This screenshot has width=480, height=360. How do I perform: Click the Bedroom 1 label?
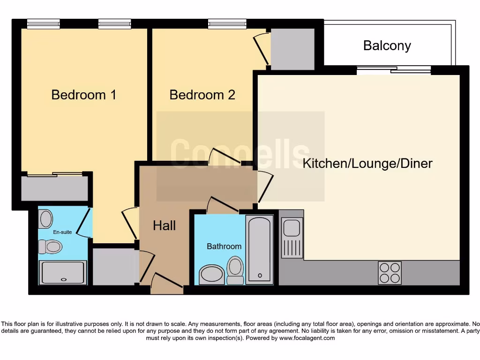84,95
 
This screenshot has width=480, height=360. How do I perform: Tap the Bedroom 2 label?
202,95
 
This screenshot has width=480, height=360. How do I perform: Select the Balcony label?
387,45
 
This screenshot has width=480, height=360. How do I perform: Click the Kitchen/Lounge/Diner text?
367,164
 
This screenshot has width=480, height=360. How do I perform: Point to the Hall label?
164,225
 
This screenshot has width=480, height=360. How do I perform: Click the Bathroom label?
224,246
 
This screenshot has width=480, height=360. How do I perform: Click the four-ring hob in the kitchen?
390,273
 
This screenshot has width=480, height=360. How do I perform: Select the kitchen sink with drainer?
292,238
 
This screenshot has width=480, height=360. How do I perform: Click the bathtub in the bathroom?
259,249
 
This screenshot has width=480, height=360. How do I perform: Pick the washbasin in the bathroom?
212,274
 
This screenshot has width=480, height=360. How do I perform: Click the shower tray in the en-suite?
63,273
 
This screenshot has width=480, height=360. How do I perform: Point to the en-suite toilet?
50,247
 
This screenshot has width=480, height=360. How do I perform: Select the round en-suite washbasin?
46,219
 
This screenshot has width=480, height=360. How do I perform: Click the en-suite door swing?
83,223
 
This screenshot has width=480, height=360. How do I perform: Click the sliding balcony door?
394,70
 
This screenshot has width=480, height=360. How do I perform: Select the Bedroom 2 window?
227,23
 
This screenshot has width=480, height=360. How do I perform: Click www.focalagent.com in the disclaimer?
307,338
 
